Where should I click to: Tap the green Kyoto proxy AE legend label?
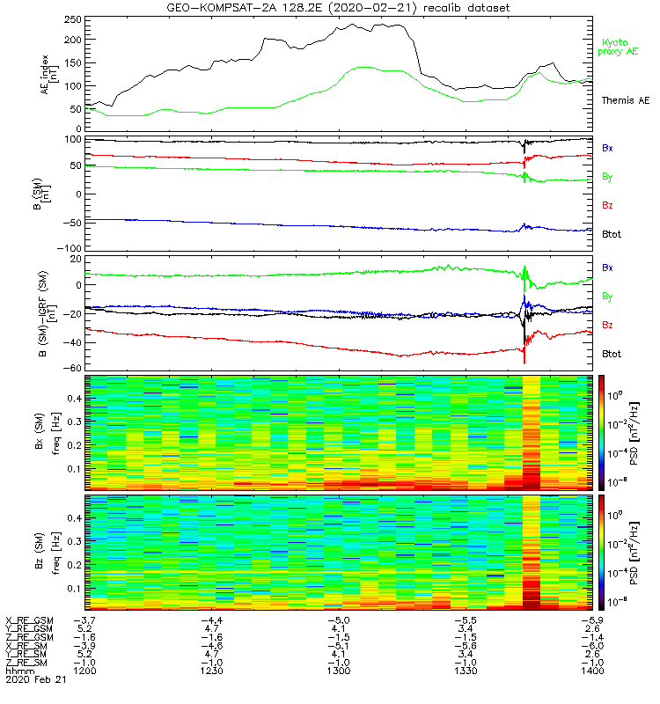point(620,47)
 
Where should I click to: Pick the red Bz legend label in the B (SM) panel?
point(607,205)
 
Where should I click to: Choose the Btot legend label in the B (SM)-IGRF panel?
point(612,354)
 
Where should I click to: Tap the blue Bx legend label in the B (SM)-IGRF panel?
point(607,267)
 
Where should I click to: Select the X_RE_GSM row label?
point(28,619)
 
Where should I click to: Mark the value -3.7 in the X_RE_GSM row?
point(83,619)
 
